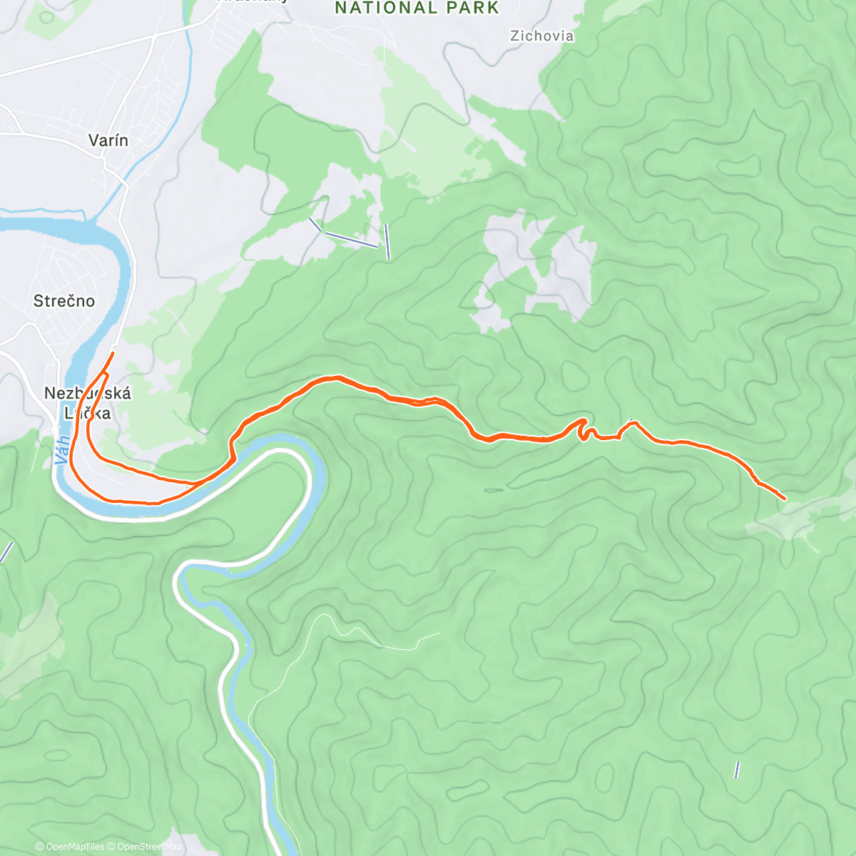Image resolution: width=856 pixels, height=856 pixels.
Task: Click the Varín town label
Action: pos(108,141)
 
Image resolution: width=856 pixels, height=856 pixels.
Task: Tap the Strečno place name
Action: pos(63,301)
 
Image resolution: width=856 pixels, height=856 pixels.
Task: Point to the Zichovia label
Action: pos(542,36)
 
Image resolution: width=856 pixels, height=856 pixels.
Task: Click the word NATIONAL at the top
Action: pos(385,9)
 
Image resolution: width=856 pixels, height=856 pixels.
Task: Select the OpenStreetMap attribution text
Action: pos(149,847)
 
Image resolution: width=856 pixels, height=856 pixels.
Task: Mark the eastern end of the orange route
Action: pos(785,499)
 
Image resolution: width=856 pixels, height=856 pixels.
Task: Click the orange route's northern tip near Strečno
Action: pos(113,353)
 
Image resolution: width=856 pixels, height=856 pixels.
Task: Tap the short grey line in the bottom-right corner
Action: pos(737,770)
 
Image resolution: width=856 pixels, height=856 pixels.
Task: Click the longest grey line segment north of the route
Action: pos(350,240)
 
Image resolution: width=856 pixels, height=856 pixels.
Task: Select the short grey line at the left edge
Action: pos(6,551)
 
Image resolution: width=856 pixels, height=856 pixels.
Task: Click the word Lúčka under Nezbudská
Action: pos(87,413)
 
